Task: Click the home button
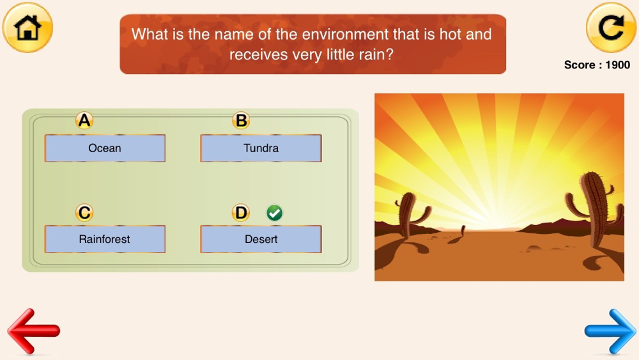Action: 27,27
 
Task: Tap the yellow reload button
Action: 611,27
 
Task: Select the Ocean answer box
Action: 105,148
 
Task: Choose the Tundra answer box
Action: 261,148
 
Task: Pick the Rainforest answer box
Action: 105,239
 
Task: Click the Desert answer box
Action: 261,239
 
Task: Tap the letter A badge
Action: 84,121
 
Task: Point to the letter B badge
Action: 241,121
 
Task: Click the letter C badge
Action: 84,213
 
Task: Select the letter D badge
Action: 241,213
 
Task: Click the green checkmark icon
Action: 274,213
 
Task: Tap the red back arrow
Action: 33,331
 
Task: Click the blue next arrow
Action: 610,331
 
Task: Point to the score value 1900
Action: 618,65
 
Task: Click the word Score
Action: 580,65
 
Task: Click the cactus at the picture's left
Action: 409,214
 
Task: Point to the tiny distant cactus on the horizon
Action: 463,230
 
